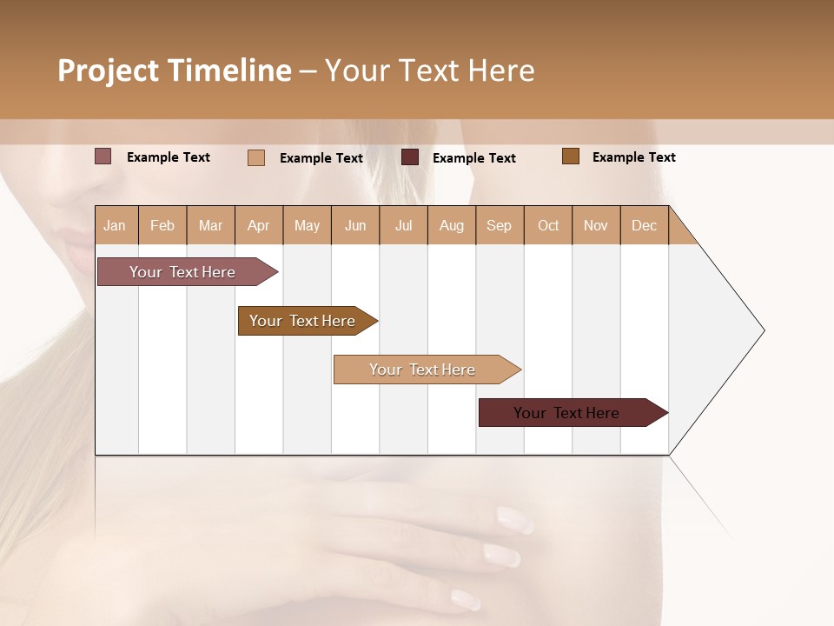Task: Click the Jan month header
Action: pos(115,225)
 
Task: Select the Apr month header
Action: pos(258,225)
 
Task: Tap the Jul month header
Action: pos(403,225)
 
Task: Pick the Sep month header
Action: pos(499,225)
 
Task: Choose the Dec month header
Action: pos(644,225)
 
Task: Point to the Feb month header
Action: pos(162,225)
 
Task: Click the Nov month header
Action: pos(595,225)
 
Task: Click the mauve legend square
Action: pos(103,156)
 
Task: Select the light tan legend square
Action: pos(256,157)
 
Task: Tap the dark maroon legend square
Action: pos(410,156)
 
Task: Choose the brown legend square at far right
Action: pos(571,156)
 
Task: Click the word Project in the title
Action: pos(108,70)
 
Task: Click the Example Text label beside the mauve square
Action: pos(169,157)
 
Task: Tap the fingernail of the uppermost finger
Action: pos(515,519)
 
